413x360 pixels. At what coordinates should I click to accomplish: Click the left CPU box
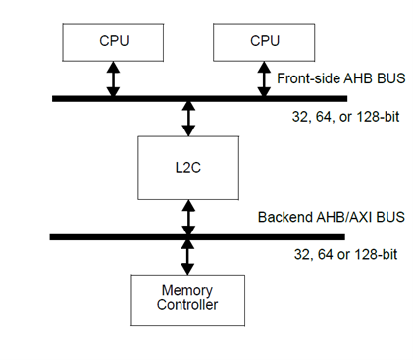[x=113, y=41]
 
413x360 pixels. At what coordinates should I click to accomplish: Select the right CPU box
[x=264, y=41]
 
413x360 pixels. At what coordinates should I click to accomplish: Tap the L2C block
[x=187, y=167]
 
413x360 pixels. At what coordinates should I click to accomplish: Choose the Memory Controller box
[x=187, y=298]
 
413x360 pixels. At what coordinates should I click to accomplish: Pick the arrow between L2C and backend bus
[x=187, y=216]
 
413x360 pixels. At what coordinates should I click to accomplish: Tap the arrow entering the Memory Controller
[x=187, y=256]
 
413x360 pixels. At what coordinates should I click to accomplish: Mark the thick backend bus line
[x=78, y=236]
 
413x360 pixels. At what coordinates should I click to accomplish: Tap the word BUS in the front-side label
[x=387, y=77]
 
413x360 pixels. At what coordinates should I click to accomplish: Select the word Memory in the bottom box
[x=187, y=290]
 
